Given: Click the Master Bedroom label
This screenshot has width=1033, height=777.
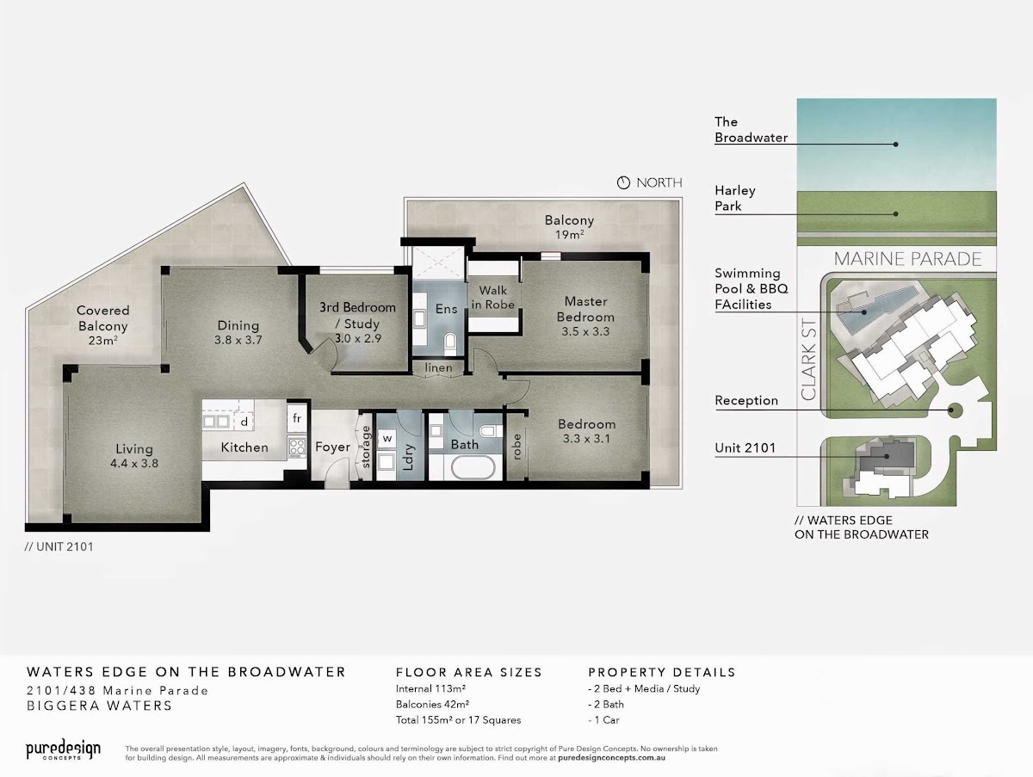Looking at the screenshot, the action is pos(585,309).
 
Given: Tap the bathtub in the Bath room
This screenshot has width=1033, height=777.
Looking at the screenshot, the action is pos(473,467).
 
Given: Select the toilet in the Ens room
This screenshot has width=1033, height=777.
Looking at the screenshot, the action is pos(450,344).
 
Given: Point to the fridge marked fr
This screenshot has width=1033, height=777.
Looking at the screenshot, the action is pos(297,418).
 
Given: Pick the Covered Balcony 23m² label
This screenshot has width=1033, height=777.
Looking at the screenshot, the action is pos(103,325).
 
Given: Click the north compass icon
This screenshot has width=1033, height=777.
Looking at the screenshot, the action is pos(623,182).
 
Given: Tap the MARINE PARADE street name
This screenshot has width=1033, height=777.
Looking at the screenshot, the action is pos(907,259).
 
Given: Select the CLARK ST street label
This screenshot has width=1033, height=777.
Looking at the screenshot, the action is pos(808,360).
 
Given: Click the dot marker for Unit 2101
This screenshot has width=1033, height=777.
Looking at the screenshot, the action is pos(887,456).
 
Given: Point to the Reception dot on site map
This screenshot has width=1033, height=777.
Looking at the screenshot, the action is pos(950,410).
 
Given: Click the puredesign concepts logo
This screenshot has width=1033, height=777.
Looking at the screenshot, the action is pos(63,749).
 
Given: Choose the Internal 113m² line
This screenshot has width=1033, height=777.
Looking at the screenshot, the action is pos(430,688).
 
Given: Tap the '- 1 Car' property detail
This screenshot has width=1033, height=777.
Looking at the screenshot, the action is pos(603,719).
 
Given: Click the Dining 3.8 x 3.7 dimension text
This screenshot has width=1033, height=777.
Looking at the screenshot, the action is pos(238,340).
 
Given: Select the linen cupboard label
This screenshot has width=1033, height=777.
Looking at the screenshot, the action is pos(439,367).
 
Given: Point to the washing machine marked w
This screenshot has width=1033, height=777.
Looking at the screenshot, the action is pos(387,438).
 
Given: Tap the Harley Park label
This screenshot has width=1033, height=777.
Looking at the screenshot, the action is pos(734,198).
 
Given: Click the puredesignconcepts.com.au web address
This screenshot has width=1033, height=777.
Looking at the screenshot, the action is pos(611,758).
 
